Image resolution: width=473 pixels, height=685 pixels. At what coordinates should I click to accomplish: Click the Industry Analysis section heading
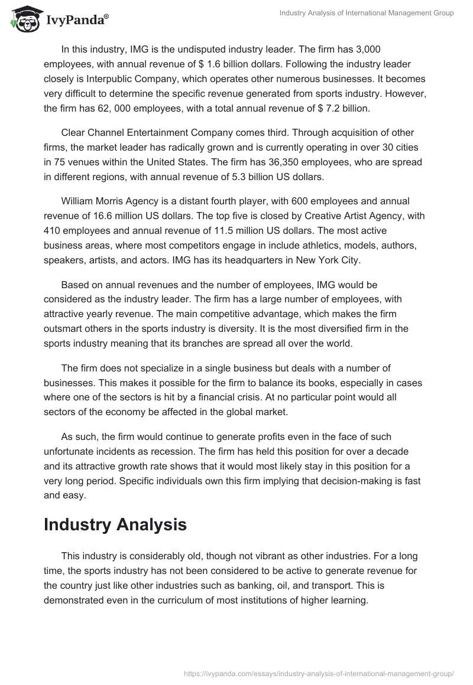coord(115,524)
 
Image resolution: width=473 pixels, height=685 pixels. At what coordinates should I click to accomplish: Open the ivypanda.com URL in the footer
coord(319,673)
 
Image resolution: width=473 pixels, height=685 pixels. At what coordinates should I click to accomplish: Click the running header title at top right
coord(367,13)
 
